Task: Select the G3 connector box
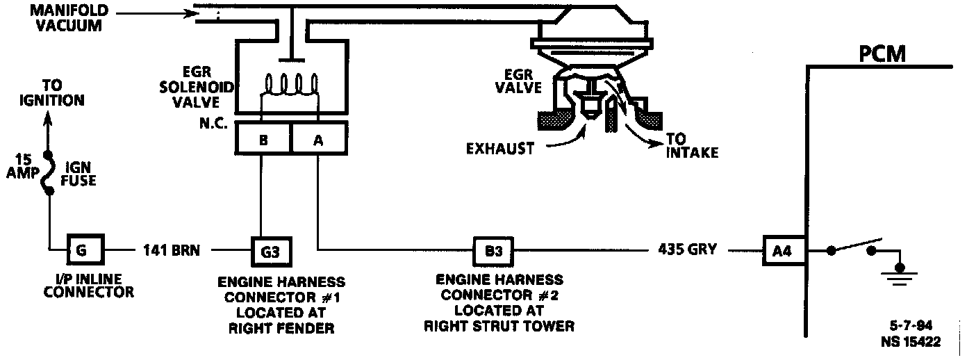[270, 249]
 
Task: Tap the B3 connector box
[493, 249]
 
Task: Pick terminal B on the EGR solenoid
[263, 139]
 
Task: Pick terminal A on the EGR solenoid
[318, 139]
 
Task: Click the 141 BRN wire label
[171, 249]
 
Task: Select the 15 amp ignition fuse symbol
[49, 173]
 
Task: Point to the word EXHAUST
[499, 148]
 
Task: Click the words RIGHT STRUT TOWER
[499, 326]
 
